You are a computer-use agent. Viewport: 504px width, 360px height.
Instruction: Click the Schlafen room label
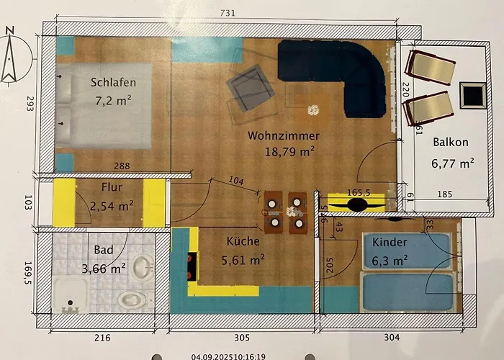113,82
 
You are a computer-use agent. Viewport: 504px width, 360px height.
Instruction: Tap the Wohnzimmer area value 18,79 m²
289,151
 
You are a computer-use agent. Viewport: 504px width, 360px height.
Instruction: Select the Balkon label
450,142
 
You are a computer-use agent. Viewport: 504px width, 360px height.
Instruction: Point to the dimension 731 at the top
228,13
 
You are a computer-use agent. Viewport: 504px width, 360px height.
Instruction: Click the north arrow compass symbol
10,56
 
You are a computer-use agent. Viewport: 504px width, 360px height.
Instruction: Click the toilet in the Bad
131,300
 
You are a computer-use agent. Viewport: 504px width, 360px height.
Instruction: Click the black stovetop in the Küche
192,266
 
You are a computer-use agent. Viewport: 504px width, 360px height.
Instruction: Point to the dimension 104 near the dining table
236,180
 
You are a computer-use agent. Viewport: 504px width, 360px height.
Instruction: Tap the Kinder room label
390,242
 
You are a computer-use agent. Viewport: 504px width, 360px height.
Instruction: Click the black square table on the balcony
473,95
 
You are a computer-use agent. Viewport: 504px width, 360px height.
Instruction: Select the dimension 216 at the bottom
102,338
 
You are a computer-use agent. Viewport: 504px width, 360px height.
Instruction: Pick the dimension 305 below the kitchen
241,338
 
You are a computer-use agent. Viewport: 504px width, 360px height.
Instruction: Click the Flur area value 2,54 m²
112,206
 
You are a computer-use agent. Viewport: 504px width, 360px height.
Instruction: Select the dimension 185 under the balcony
445,194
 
